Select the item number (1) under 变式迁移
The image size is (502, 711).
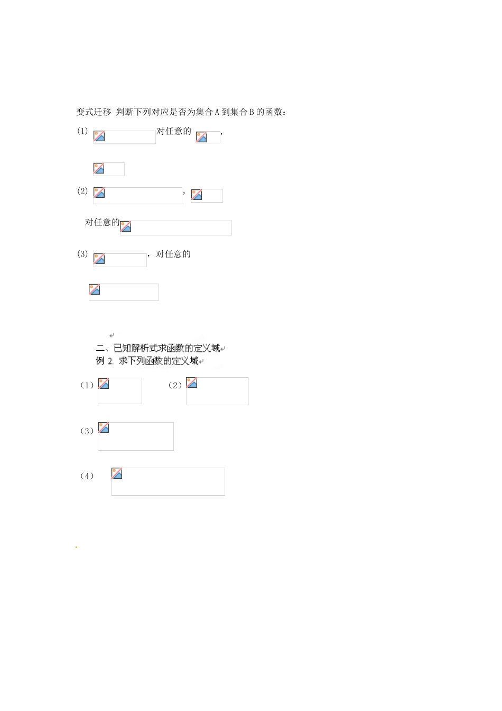[82, 131]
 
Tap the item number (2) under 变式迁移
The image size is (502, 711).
[82, 191]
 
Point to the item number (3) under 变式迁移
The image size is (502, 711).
[82, 254]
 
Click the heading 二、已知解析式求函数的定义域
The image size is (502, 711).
[158, 348]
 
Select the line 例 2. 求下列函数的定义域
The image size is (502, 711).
[147, 361]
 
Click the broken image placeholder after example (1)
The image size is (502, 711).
[120, 391]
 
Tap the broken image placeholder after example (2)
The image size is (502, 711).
[217, 391]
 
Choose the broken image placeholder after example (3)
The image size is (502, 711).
[136, 436]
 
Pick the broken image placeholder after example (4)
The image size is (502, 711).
[168, 481]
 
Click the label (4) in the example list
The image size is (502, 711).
[87, 476]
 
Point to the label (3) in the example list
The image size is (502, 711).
[87, 431]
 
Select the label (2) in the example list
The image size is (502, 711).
[175, 386]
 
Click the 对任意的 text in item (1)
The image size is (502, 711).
[174, 131]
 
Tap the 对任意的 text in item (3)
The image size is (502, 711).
[173, 254]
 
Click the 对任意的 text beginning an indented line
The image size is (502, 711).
[102, 222]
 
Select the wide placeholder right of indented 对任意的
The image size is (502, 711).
[176, 228]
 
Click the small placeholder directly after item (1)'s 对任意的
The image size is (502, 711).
[208, 137]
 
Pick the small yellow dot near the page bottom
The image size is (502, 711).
[76, 547]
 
